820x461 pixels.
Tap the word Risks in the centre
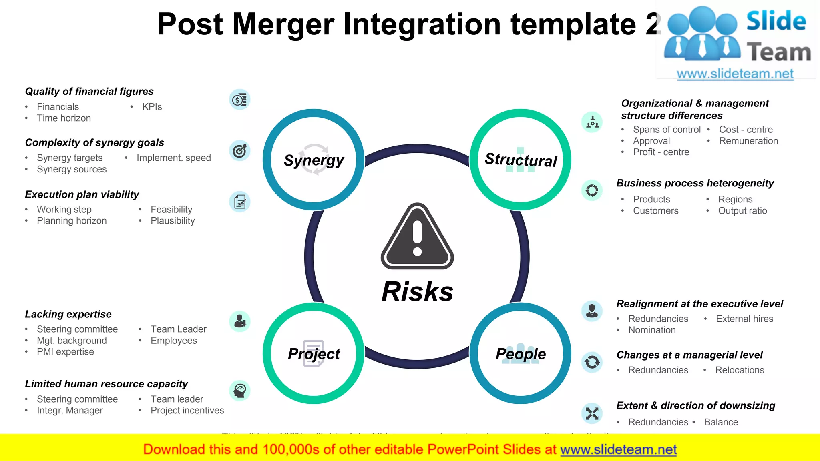tap(417, 291)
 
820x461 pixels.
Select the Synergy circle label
tap(314, 160)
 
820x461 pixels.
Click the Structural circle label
tap(521, 160)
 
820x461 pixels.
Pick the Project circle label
tap(314, 354)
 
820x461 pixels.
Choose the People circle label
tap(521, 354)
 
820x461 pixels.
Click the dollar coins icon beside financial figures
tap(240, 100)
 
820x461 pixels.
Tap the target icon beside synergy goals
tap(240, 151)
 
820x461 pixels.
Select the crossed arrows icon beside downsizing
tap(592, 413)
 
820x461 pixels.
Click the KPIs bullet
tap(152, 107)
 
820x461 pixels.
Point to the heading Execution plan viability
tap(82, 194)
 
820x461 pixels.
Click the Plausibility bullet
tap(173, 221)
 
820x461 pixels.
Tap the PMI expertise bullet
tap(65, 352)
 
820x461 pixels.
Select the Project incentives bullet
tap(187, 410)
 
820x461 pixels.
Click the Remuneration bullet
tap(748, 141)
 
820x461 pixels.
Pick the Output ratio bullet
tap(742, 211)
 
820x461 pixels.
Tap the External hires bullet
tap(744, 319)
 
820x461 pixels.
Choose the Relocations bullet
tap(740, 370)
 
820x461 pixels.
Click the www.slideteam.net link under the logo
tap(735, 74)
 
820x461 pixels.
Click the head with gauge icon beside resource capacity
tap(240, 391)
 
